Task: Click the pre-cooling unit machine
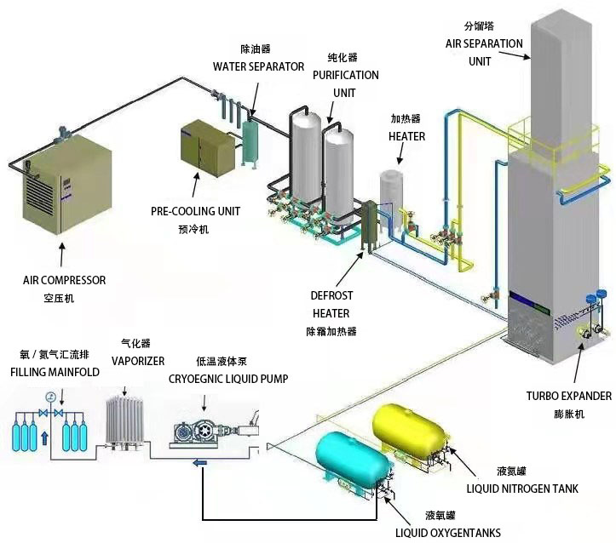click(x=205, y=148)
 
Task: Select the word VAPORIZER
click(x=138, y=361)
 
